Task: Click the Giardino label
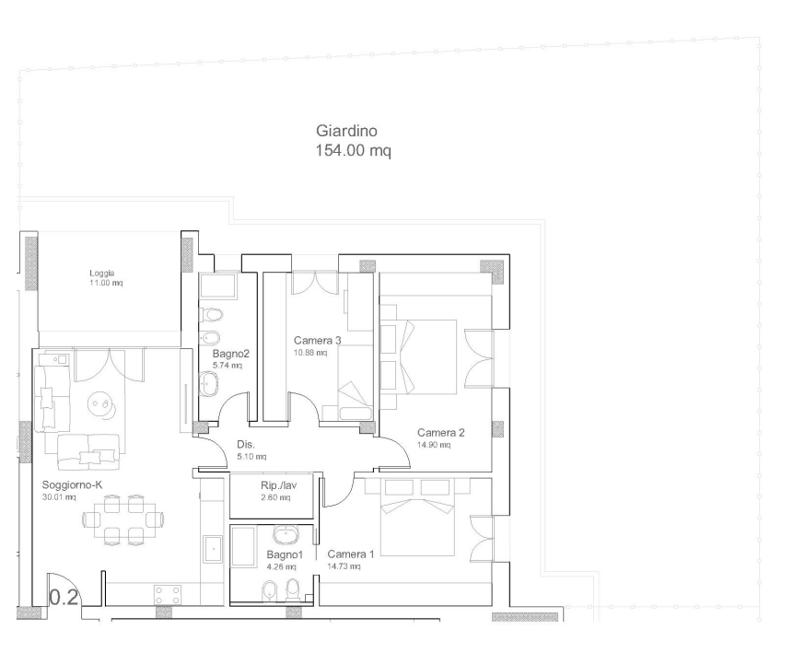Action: (x=346, y=131)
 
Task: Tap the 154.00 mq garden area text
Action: (x=353, y=150)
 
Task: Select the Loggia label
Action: (x=101, y=274)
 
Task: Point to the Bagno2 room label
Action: (x=231, y=354)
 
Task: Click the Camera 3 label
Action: (x=317, y=340)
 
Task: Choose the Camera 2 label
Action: (x=441, y=433)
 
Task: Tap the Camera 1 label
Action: (x=351, y=554)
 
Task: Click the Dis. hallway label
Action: (x=246, y=445)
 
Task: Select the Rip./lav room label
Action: (x=278, y=485)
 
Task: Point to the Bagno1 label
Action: (x=285, y=554)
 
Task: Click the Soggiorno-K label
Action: (x=73, y=484)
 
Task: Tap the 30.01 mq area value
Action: (x=59, y=496)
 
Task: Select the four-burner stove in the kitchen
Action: (x=168, y=595)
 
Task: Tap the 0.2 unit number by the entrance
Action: (x=64, y=598)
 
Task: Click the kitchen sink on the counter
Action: (x=213, y=550)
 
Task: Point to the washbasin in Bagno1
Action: (x=285, y=535)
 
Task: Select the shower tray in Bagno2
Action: (x=218, y=286)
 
